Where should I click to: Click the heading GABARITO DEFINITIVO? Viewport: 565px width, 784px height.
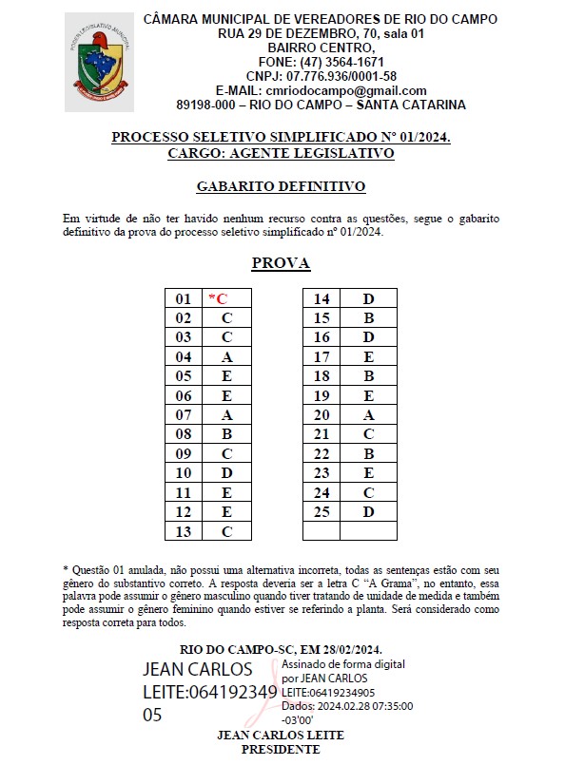281,187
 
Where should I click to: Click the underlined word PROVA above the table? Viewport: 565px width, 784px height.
281,263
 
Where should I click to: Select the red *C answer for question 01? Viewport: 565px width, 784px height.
218,298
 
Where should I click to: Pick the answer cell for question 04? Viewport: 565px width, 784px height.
227,357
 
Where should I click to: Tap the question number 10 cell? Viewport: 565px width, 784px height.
184,473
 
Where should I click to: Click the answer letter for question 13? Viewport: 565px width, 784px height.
227,531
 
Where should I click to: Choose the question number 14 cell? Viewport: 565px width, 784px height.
321,299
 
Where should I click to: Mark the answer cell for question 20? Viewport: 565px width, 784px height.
368,415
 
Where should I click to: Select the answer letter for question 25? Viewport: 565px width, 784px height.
368,512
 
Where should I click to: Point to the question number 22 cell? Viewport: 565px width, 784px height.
321,454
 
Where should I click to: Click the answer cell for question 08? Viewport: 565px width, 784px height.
227,434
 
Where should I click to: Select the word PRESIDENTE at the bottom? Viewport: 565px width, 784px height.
281,750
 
